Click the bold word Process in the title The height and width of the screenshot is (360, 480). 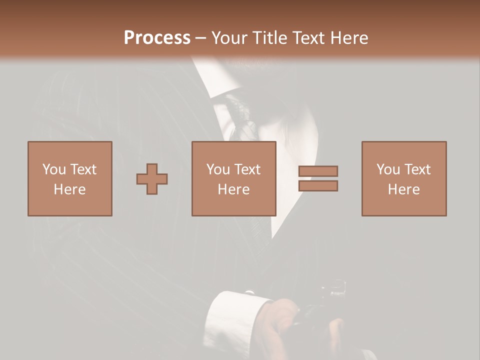[x=157, y=38]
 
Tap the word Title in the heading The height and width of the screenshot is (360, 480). [x=268, y=38]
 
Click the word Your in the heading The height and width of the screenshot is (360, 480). [x=229, y=38]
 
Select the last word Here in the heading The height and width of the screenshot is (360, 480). [x=348, y=38]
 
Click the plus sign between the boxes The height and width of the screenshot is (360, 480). [x=152, y=179]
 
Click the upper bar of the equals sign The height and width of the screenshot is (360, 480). [x=318, y=171]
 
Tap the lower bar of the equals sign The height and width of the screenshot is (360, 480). [x=318, y=186]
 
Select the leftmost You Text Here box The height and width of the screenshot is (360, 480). [x=69, y=178]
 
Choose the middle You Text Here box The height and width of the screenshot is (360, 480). [x=233, y=178]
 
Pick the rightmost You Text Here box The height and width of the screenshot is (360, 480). [x=403, y=178]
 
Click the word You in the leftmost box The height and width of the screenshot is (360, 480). [x=54, y=169]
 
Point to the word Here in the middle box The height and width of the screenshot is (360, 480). [x=233, y=189]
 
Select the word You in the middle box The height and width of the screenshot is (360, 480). [x=218, y=169]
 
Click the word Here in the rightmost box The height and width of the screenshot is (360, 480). [x=403, y=189]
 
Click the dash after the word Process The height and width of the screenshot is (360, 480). [x=201, y=38]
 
